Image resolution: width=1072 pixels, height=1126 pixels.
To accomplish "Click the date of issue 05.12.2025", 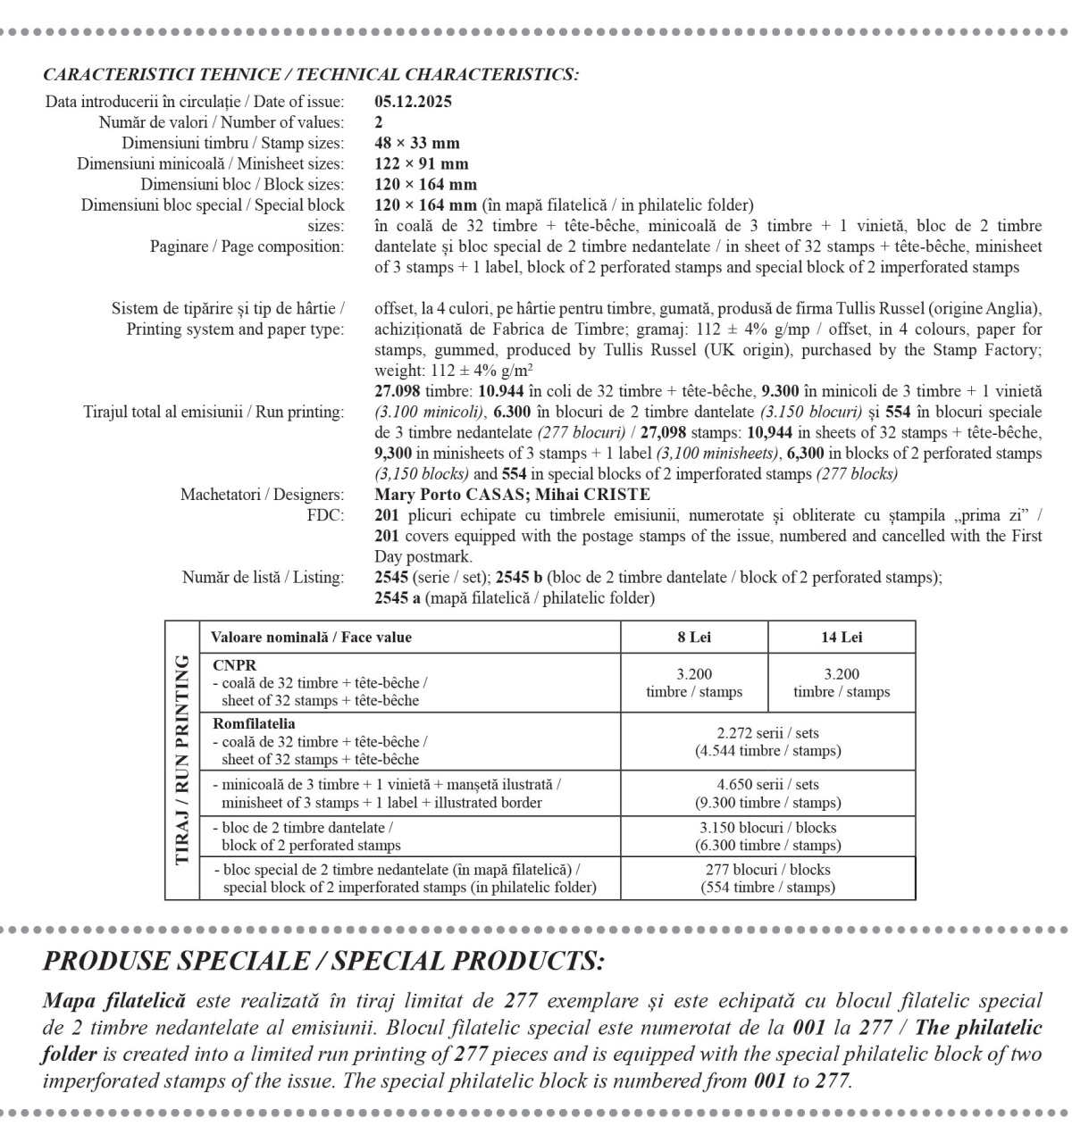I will (x=413, y=101).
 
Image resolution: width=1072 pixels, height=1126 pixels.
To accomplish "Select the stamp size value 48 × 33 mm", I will (x=417, y=143).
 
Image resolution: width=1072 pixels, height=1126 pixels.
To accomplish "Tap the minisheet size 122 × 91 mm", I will (x=421, y=164).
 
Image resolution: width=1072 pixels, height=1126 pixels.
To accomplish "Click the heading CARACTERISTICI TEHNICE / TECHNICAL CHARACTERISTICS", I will (x=311, y=74).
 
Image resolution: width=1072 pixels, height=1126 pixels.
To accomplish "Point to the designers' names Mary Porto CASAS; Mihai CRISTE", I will (x=512, y=495).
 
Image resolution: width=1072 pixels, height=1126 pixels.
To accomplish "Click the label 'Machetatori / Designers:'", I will (x=262, y=495).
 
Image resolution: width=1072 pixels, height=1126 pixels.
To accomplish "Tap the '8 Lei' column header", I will (x=694, y=638).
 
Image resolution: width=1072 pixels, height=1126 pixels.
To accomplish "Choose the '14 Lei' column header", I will (x=842, y=638).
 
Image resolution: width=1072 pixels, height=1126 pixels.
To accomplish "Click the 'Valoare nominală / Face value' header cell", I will (x=311, y=638).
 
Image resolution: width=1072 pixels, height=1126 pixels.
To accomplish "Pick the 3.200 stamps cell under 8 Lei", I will (x=694, y=683).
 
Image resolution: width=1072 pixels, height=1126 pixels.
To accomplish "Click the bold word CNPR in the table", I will (x=234, y=665).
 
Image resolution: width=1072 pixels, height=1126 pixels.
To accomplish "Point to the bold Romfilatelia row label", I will (x=254, y=724).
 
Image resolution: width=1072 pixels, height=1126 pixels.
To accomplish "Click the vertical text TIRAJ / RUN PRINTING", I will (x=182, y=760).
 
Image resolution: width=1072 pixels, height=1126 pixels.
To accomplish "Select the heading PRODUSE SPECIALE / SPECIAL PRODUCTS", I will (x=324, y=961).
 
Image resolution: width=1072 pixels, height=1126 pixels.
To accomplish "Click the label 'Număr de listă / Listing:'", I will (x=263, y=578).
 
